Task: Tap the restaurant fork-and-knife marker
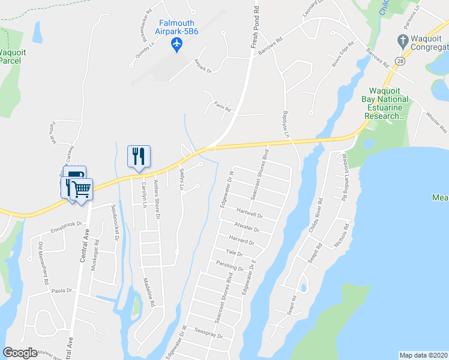pyautogui.click(x=139, y=157)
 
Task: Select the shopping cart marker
pyautogui.click(x=81, y=190)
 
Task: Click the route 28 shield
pyautogui.click(x=400, y=61)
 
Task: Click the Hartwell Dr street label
pyautogui.click(x=250, y=213)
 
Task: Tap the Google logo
pyautogui.click(x=20, y=353)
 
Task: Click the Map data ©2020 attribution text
pyautogui.click(x=423, y=355)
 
